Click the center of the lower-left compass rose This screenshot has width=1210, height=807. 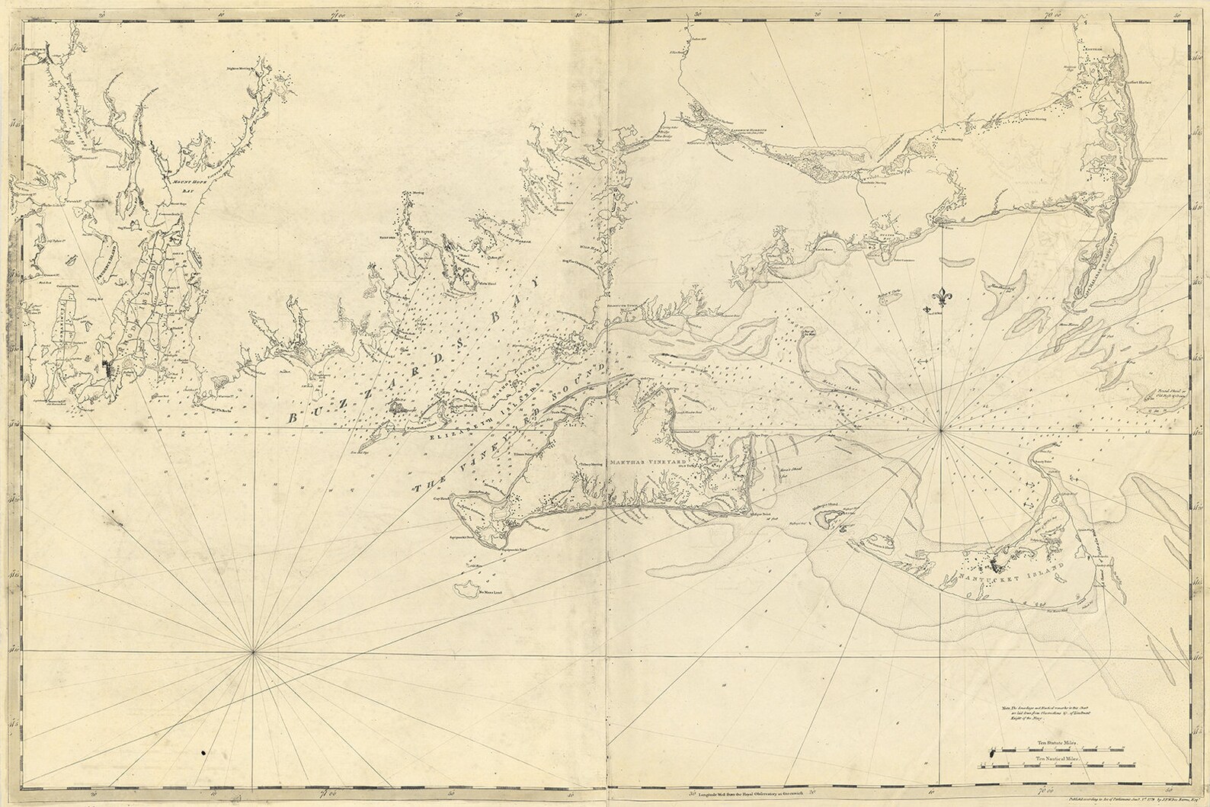tap(254, 652)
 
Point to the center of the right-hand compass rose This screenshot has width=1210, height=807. tap(943, 431)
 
